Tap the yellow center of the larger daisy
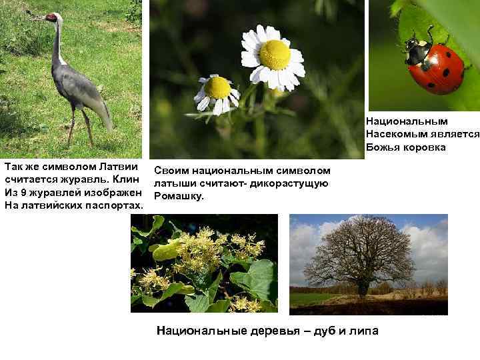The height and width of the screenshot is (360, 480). click(x=274, y=54)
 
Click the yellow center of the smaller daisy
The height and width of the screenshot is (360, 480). click(x=217, y=87)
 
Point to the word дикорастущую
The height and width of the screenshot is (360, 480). click(x=294, y=184)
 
